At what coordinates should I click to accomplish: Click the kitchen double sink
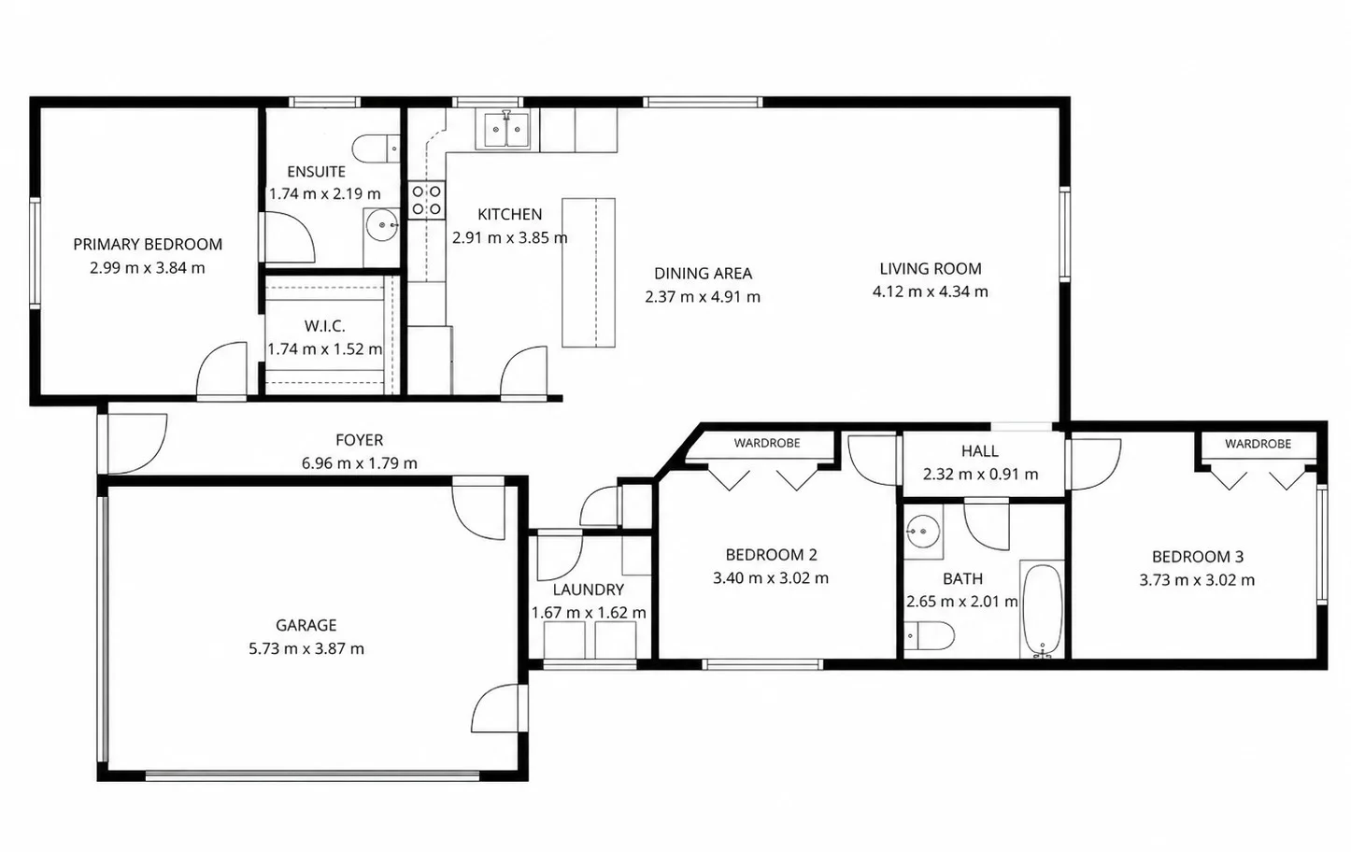point(506,130)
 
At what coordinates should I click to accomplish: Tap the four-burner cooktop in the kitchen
point(426,200)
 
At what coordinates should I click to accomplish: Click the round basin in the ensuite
point(382,225)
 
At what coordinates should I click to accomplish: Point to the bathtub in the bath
point(1043,610)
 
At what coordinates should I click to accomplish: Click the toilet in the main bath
point(930,635)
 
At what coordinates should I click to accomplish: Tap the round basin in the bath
point(923,532)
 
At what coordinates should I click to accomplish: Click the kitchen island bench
point(589,273)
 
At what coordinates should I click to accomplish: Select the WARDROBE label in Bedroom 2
point(767,443)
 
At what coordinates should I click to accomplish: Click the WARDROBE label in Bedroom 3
point(1259,444)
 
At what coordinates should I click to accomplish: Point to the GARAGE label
point(306,625)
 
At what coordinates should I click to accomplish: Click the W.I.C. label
point(324,326)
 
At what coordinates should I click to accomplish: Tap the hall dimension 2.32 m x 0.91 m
point(981,474)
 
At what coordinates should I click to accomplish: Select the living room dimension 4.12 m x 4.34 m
point(931,291)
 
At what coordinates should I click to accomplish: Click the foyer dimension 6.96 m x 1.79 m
point(360,463)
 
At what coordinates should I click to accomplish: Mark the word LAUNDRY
point(589,589)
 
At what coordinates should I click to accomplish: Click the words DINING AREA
point(704,274)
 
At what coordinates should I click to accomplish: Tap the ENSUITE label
point(317,172)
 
